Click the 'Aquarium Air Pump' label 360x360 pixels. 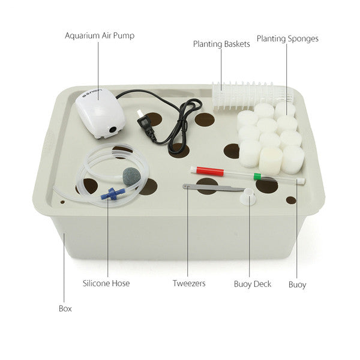coord(100,35)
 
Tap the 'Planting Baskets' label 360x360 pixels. coord(221,44)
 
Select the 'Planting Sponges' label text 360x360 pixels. coord(287,39)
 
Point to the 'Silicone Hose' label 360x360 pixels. coord(106,283)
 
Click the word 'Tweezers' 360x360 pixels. coord(189,283)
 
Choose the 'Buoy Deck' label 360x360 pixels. coord(252,283)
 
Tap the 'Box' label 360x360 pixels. coord(65,308)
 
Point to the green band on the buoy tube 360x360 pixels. coord(257,176)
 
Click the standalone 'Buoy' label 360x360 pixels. coord(297,284)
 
